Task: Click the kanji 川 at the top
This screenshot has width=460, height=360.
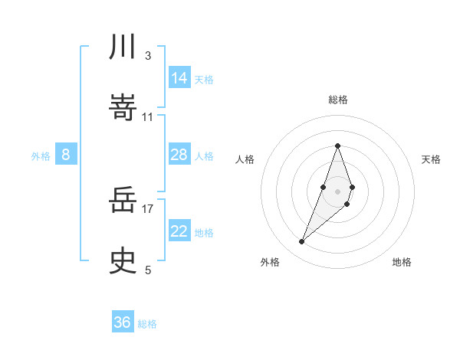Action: tap(123, 47)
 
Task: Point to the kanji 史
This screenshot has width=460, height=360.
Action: tap(123, 262)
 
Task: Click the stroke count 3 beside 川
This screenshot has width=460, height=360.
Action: tap(147, 56)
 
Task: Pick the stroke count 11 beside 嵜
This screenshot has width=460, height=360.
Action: tap(147, 116)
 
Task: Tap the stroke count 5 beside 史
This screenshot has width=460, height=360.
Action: tap(147, 270)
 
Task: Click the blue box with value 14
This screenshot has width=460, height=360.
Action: tap(179, 77)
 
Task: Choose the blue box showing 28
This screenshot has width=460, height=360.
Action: tap(179, 155)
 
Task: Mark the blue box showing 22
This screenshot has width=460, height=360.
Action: tap(179, 231)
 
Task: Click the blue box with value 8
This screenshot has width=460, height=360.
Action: tap(66, 155)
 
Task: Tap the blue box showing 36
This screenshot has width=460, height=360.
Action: tap(123, 322)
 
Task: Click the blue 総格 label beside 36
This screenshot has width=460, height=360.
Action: tap(147, 324)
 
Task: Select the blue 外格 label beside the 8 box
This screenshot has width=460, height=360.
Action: tap(41, 156)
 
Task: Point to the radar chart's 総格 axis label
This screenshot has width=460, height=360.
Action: tap(338, 100)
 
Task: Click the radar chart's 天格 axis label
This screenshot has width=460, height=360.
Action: tap(432, 159)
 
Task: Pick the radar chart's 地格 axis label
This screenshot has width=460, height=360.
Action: tap(402, 262)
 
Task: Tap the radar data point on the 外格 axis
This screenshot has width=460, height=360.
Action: tap(302, 242)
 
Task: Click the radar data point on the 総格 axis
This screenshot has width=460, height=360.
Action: tap(338, 146)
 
